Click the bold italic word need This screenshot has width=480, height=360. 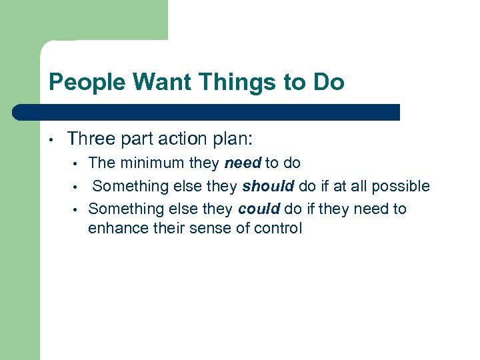click(x=242, y=163)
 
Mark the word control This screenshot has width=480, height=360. click(x=279, y=228)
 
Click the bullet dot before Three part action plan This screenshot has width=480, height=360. click(x=51, y=140)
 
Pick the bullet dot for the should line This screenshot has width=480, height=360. click(x=76, y=187)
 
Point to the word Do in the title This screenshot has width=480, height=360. click(x=331, y=82)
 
